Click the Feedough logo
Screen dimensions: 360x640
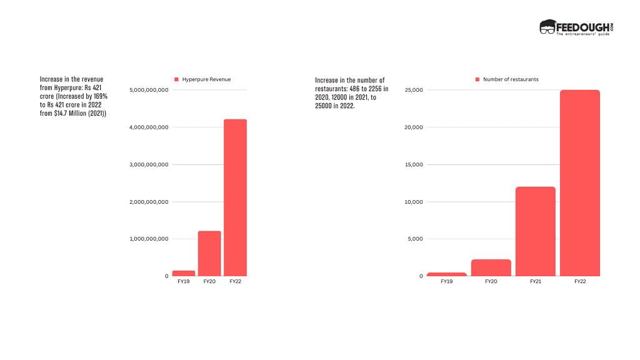point(576,27)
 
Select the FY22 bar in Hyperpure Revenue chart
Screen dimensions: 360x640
point(235,197)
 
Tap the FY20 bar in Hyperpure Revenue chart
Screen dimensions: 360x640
point(209,253)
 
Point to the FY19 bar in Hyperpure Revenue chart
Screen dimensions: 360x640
point(184,273)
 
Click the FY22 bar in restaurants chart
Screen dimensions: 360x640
point(579,183)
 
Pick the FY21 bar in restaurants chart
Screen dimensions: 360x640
point(536,231)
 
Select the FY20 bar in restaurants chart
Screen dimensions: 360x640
point(491,267)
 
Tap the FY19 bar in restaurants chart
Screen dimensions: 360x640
point(447,274)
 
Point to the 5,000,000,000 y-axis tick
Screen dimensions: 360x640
point(149,91)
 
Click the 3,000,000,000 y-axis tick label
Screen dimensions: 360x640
point(149,165)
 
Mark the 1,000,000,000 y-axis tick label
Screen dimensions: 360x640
point(149,239)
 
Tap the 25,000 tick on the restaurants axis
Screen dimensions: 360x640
point(414,91)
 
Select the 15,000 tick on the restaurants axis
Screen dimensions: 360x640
point(414,165)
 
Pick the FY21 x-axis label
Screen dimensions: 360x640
point(536,282)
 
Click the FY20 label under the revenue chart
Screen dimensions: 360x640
point(209,282)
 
